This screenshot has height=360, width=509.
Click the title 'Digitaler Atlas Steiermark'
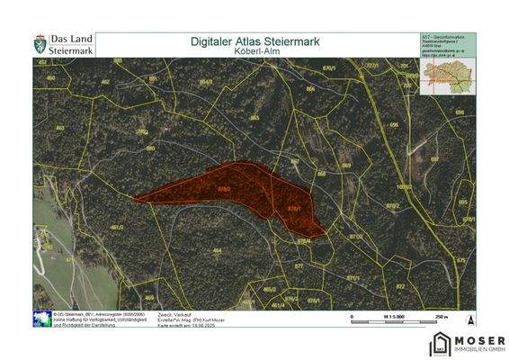coord(255,40)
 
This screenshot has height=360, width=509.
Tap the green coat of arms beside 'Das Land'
coord(40,44)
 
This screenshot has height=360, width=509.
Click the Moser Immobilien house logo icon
coord(441,343)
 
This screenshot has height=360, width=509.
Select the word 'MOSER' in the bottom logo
coord(481,338)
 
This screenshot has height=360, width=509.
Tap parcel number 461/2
coord(116,227)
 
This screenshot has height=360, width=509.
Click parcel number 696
coord(393,124)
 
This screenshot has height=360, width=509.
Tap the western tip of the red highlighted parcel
coord(136,200)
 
